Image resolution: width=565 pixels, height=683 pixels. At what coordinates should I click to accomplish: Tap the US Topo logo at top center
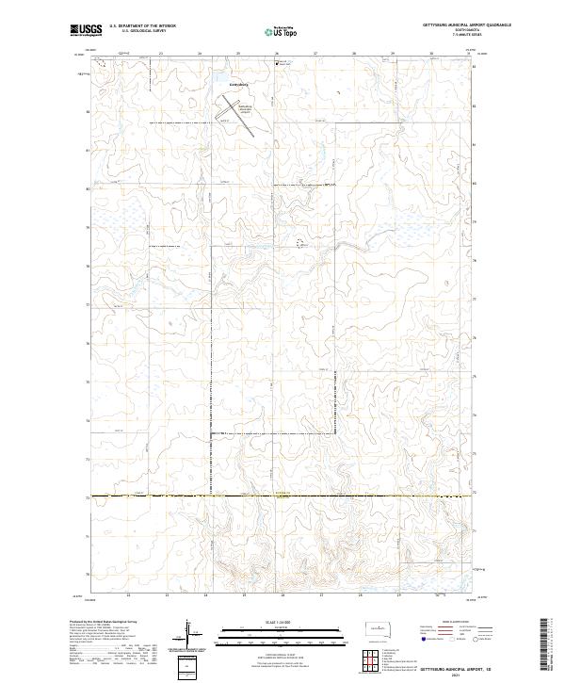pos(282,31)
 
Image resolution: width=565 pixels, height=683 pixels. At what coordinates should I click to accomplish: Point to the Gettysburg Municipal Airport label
pos(246,111)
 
